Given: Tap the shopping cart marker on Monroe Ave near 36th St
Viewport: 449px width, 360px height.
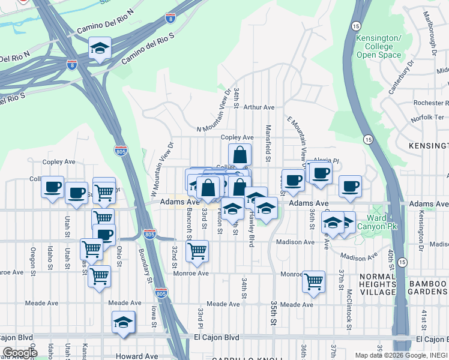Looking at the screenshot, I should (x=313, y=281).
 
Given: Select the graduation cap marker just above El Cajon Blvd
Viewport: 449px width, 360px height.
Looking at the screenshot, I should (x=124, y=323).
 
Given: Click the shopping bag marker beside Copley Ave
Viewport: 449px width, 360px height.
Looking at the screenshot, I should (x=240, y=155).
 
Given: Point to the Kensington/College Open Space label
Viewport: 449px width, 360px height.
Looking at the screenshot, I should (x=379, y=47).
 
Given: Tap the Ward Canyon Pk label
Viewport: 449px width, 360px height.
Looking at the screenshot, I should (x=373, y=222).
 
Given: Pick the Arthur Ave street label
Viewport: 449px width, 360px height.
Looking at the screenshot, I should (x=258, y=107).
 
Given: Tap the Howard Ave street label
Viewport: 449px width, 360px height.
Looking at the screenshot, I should (x=137, y=356).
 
